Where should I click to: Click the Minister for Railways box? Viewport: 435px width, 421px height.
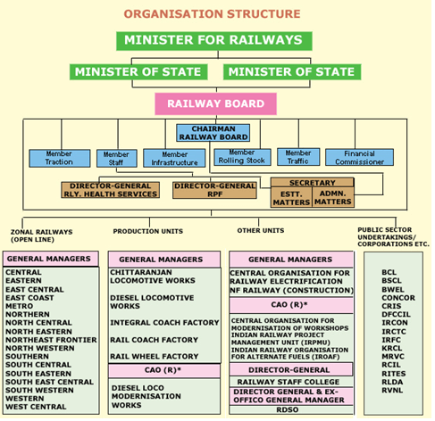214,41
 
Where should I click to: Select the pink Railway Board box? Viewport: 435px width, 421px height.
215,103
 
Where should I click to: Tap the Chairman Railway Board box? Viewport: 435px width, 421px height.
213,133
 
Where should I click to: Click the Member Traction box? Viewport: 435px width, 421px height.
60,158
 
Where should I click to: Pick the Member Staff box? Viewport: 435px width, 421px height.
117,159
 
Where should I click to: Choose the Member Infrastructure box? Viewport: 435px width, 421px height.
174,158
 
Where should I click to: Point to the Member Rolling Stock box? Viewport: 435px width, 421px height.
242,157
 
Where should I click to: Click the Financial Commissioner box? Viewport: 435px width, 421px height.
359,158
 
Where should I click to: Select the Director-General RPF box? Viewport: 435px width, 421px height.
214,190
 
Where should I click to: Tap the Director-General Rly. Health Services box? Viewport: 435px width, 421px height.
110,190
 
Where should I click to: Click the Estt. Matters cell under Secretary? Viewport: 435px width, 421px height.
291,198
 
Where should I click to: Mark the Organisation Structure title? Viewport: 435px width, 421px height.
212,14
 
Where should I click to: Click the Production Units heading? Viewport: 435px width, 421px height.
148,231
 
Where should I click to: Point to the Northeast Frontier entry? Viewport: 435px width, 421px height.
51,340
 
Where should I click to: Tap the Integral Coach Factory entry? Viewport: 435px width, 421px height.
164,323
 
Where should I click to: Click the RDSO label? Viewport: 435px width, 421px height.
288,409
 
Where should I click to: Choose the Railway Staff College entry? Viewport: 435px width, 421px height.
289,382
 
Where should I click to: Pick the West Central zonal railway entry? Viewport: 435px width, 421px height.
36,407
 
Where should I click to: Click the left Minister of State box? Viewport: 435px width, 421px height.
138,72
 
